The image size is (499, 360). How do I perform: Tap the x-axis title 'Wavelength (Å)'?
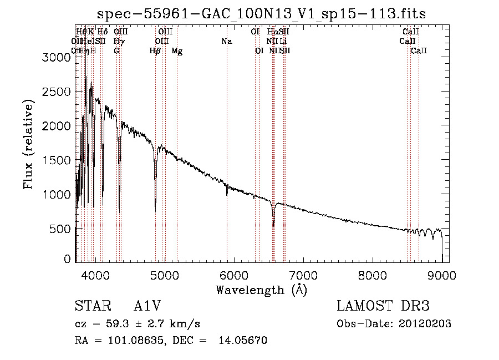tap(262, 289)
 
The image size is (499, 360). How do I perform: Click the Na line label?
tap(226, 42)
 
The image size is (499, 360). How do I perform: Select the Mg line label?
tap(177, 51)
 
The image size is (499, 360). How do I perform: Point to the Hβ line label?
tap(155, 51)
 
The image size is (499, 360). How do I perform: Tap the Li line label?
tap(283, 42)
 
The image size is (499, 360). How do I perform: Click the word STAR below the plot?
tap(91, 306)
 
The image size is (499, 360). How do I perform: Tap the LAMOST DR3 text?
tap(383, 306)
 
